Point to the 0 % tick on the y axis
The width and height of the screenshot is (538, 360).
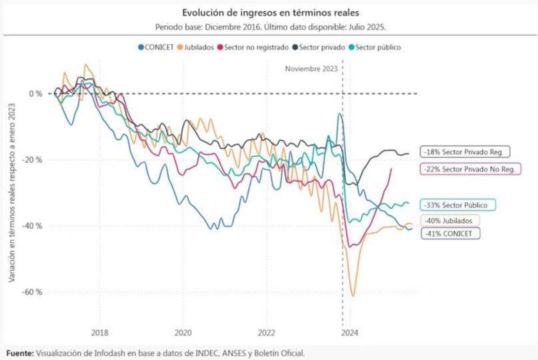click(x=35, y=93)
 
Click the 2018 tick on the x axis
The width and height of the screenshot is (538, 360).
click(x=100, y=333)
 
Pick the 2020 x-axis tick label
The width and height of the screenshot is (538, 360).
click(x=183, y=333)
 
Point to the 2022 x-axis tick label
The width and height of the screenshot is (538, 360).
click(x=267, y=333)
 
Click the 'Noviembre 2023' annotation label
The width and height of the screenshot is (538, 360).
click(x=311, y=69)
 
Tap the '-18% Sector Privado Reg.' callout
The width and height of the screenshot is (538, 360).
click(x=465, y=152)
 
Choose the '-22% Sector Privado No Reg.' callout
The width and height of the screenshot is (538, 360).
click(x=469, y=169)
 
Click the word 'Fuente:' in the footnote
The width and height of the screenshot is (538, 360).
click(x=20, y=352)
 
